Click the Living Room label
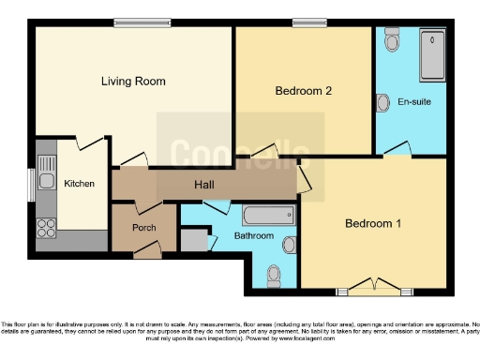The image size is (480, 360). click(128, 81)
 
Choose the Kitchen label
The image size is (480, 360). click(79, 184)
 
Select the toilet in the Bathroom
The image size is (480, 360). click(274, 275)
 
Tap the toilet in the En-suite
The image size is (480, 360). click(391, 42)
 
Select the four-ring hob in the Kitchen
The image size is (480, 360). click(45, 227)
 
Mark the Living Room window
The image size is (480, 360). click(141, 22)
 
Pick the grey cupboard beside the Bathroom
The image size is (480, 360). click(193, 239)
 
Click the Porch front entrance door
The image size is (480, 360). click(145, 250)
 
